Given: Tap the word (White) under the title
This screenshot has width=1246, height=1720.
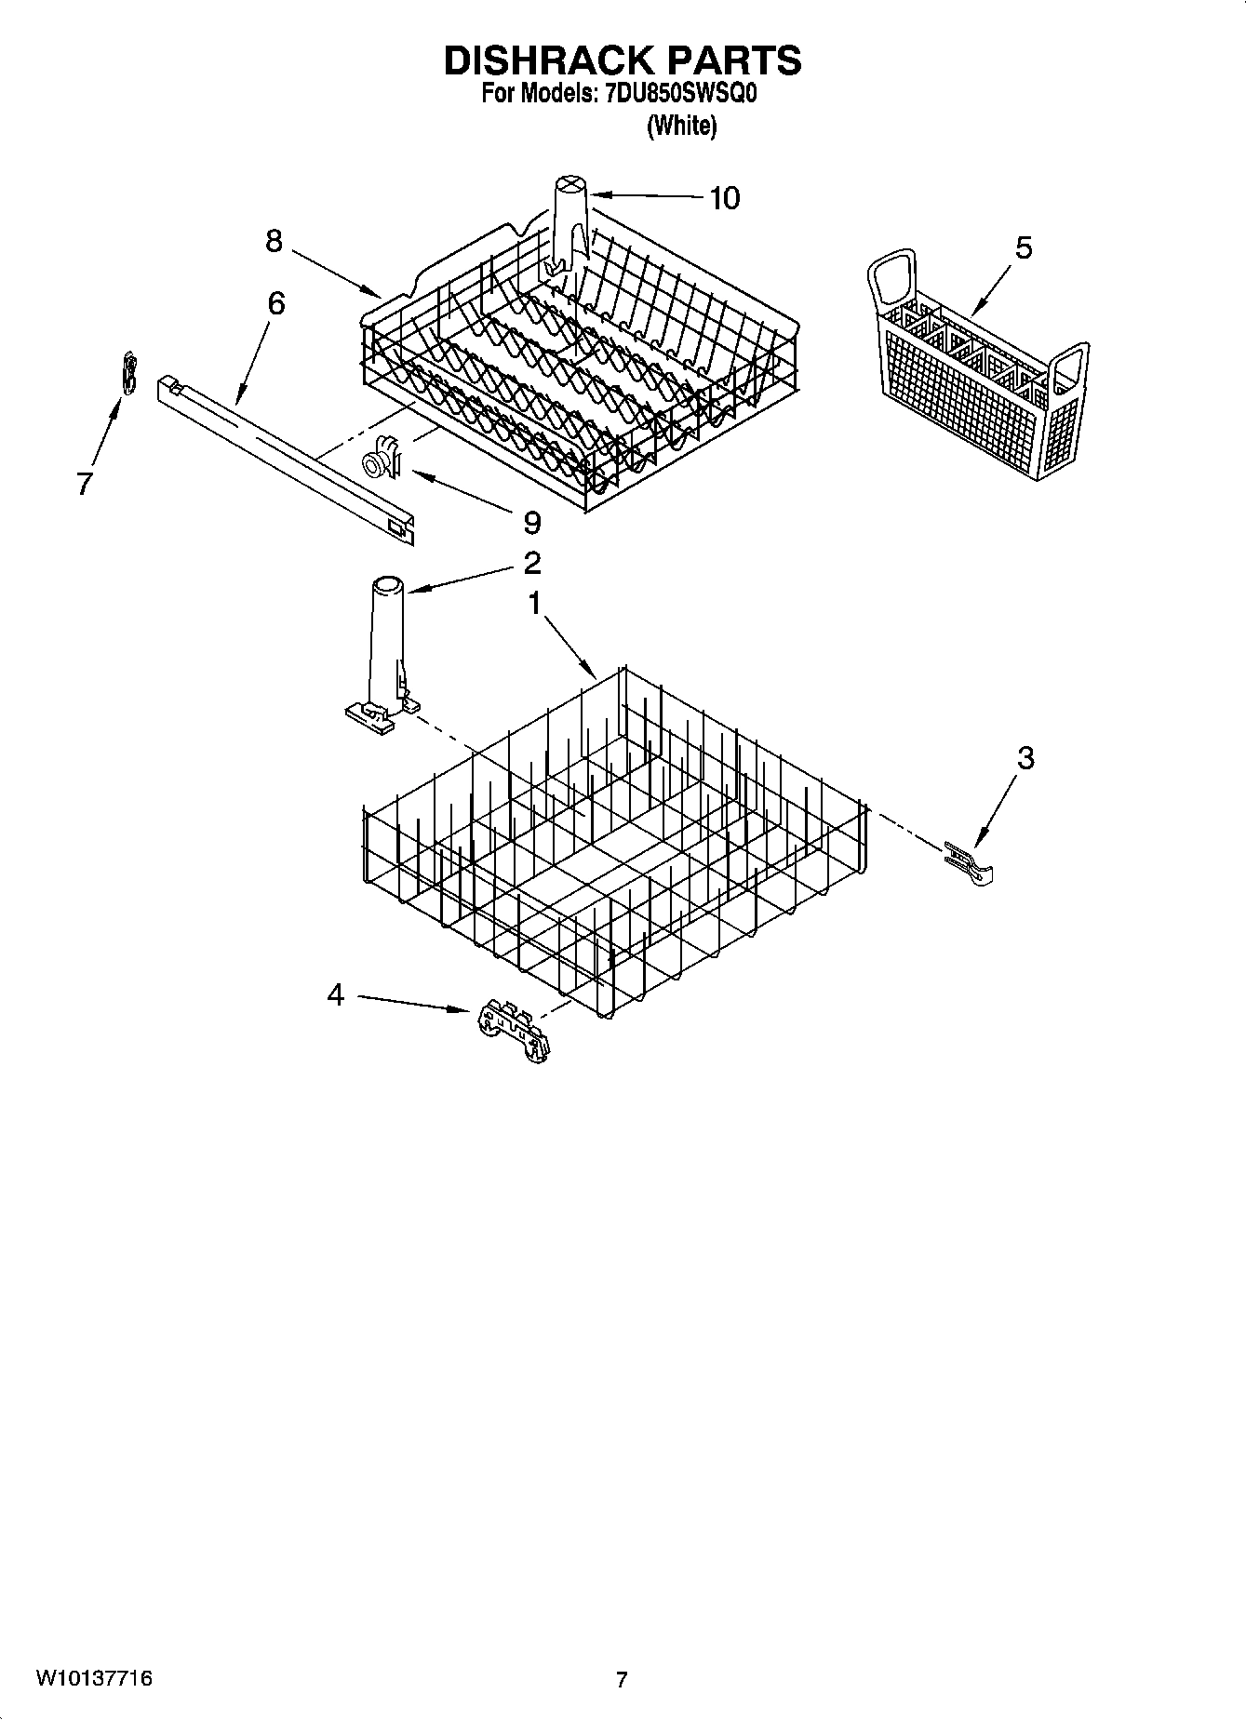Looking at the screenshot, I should click(681, 126).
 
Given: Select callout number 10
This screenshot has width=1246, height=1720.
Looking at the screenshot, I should click(724, 198).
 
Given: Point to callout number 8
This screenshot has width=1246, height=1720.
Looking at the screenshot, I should click(274, 242).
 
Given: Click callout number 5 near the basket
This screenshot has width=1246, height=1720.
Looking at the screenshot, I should click(1024, 248).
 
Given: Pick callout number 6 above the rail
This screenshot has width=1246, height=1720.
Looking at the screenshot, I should click(275, 303).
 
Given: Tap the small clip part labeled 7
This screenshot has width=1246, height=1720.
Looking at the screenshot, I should click(130, 373).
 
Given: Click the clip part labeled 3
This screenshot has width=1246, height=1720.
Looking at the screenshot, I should click(970, 863).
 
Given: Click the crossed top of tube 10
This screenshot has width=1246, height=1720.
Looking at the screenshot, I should click(569, 184).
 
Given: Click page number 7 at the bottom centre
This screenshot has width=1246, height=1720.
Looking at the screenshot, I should click(622, 1680).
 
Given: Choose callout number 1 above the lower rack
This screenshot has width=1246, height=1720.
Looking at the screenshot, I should click(534, 604).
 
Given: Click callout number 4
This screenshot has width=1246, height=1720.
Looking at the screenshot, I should click(335, 995).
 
